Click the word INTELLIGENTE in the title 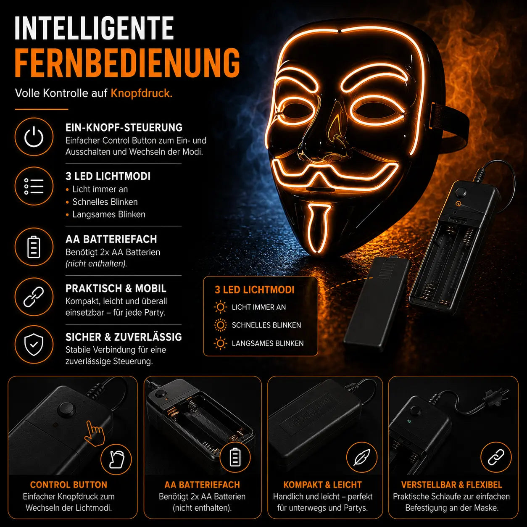tap(95, 28)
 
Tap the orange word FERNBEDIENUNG tap(127, 63)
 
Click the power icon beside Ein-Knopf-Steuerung tap(34, 137)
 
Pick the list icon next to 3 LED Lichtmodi tap(34, 186)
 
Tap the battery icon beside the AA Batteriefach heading tap(34, 247)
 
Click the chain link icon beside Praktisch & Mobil tap(34, 297)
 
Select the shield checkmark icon tap(34, 345)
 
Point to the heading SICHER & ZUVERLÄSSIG tap(124, 337)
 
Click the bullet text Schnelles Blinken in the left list tap(105, 202)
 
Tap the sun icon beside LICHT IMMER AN tap(220, 307)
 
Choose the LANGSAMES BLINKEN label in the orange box tap(268, 343)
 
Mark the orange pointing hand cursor tap(95, 433)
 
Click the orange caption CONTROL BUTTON tap(69, 485)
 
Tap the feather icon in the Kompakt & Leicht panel tap(361, 457)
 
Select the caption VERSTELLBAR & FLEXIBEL tap(451, 485)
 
